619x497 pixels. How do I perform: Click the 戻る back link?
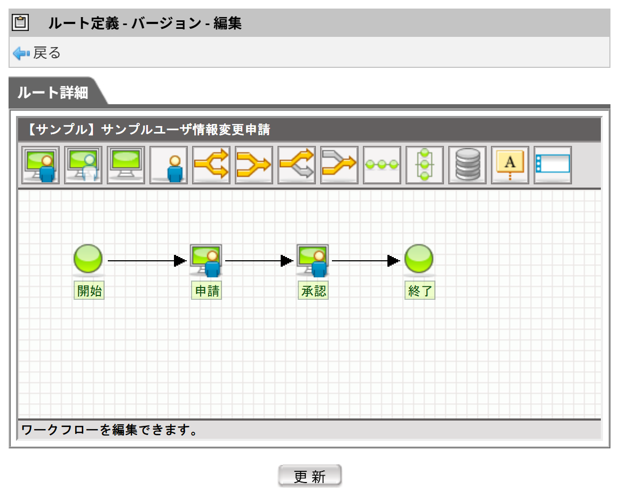(x=37, y=53)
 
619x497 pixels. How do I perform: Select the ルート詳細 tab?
(x=53, y=92)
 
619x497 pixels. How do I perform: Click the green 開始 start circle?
(x=88, y=259)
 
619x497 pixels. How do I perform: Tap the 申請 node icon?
(x=206, y=260)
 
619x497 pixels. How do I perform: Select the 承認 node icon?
(x=313, y=260)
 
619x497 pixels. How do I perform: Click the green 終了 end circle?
(x=419, y=259)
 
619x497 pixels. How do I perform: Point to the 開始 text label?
(x=89, y=291)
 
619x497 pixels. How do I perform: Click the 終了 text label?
(x=420, y=291)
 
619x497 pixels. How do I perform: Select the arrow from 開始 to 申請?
(x=147, y=261)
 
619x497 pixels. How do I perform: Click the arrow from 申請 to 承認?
(x=259, y=261)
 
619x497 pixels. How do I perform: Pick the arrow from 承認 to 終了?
(x=366, y=261)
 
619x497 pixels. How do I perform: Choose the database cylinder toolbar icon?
(x=467, y=165)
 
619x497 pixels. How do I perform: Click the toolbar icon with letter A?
(x=510, y=165)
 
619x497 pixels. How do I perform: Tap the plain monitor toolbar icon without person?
(x=126, y=165)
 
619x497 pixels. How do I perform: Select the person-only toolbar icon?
(x=169, y=165)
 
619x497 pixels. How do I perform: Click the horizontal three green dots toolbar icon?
(x=382, y=165)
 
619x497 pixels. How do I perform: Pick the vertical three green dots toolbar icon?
(x=425, y=165)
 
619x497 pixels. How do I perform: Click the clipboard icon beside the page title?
(x=20, y=22)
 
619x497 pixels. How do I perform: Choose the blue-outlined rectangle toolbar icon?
(x=553, y=165)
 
